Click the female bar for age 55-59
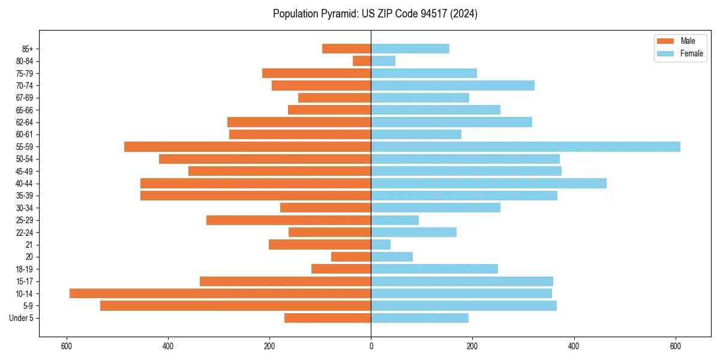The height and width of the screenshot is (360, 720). tap(525, 147)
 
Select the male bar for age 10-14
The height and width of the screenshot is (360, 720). tap(220, 293)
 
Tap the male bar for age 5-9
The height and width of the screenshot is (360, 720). tap(235, 306)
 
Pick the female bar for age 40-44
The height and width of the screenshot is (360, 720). tap(488, 184)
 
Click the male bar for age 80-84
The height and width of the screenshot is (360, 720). tap(362, 61)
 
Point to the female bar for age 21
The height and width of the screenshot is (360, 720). tap(380, 245)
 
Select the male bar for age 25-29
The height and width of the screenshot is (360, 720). tap(289, 220)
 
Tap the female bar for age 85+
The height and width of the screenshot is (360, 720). tap(410, 49)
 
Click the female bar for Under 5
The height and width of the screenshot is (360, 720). tap(419, 318)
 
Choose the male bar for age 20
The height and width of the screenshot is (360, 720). tap(351, 257)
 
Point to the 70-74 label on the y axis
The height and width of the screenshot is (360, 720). tap(25, 86)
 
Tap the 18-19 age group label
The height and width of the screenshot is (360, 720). tap(25, 269)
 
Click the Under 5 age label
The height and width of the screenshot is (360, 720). tap(22, 318)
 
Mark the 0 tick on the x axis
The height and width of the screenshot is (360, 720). tap(371, 346)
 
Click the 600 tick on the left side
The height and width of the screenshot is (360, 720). tap(67, 346)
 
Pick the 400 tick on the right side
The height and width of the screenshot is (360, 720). tap(574, 346)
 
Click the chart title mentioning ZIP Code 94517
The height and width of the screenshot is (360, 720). tap(375, 14)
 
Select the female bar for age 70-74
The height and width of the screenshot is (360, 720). tap(452, 86)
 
